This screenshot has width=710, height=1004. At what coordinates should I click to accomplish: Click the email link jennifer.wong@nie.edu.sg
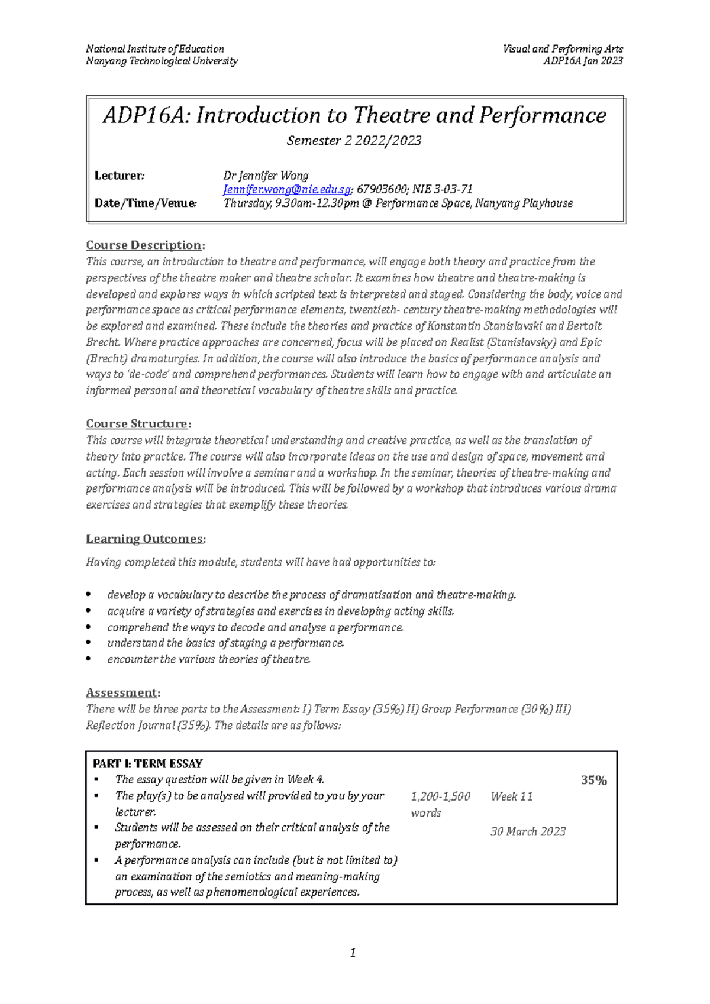click(x=287, y=190)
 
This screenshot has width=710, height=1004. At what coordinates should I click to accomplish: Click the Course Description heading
click(x=145, y=245)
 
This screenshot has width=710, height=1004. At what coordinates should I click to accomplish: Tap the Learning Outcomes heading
click(x=145, y=539)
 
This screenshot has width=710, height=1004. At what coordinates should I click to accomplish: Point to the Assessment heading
click(x=122, y=692)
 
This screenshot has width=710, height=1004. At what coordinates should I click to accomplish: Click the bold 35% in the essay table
click(x=593, y=780)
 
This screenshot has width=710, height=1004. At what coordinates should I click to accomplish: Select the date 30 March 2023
click(x=528, y=832)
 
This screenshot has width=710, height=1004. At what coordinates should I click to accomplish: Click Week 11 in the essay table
click(x=512, y=796)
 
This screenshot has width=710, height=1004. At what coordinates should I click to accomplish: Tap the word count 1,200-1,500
click(x=440, y=796)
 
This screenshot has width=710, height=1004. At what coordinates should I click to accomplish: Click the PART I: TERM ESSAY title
click(x=148, y=763)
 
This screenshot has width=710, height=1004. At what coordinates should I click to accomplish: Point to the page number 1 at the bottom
click(x=353, y=953)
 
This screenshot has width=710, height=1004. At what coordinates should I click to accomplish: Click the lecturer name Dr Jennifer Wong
click(x=266, y=176)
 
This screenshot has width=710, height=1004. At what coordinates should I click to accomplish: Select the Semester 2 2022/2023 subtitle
click(x=354, y=141)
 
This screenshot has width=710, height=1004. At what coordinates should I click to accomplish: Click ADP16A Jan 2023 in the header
click(x=583, y=61)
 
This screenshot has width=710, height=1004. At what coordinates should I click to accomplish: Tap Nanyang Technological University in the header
click(x=162, y=61)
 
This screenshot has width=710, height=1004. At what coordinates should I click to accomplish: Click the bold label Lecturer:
click(x=120, y=176)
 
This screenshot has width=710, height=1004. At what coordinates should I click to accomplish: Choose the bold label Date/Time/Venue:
click(x=146, y=203)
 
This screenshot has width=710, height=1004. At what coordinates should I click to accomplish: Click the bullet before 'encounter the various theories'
click(x=89, y=659)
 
